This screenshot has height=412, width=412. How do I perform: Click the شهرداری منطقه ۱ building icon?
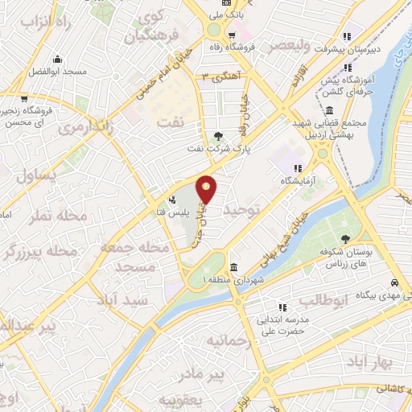pos(233,268)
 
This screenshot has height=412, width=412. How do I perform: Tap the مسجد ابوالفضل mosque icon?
pos(57,60)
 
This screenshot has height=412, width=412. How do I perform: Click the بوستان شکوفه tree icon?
pos(344,238)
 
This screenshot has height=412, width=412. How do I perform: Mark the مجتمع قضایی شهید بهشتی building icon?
pos(329,111)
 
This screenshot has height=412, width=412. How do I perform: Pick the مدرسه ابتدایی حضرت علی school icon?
pos(282,307)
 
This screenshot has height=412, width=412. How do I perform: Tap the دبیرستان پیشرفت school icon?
pos(348,35)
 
